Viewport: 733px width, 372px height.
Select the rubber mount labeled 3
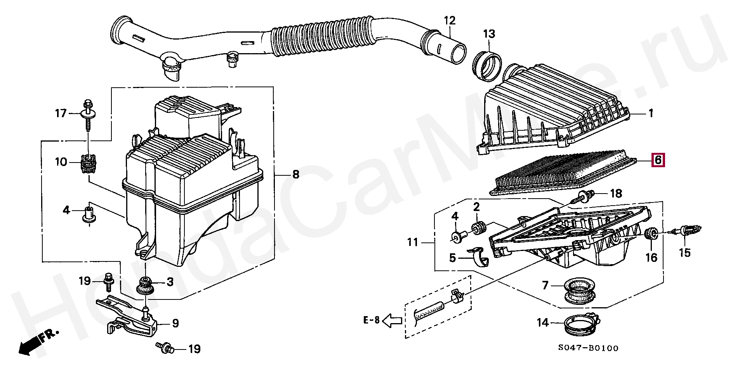[x=145, y=285]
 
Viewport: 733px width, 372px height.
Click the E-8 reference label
[x=372, y=320]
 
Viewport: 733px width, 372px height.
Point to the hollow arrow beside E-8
[x=392, y=321]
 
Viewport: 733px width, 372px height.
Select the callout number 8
[x=296, y=174]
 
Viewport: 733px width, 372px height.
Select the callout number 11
[x=412, y=242]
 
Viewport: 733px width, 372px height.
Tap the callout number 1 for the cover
[x=651, y=113]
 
